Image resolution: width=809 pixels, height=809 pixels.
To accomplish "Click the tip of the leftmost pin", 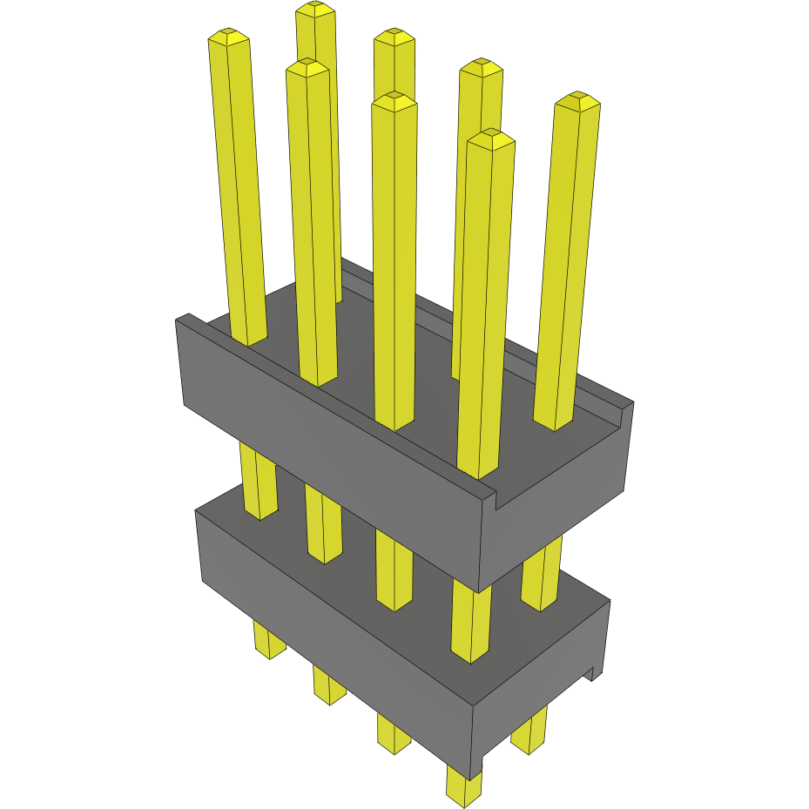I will (228, 37).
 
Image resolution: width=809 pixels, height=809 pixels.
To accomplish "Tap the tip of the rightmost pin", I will (577, 101).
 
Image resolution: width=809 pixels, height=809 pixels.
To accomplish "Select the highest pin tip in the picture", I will (315, 10).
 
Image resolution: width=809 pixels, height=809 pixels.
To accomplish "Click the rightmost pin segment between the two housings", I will (542, 575).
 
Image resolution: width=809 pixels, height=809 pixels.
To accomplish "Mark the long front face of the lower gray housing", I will (331, 636).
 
